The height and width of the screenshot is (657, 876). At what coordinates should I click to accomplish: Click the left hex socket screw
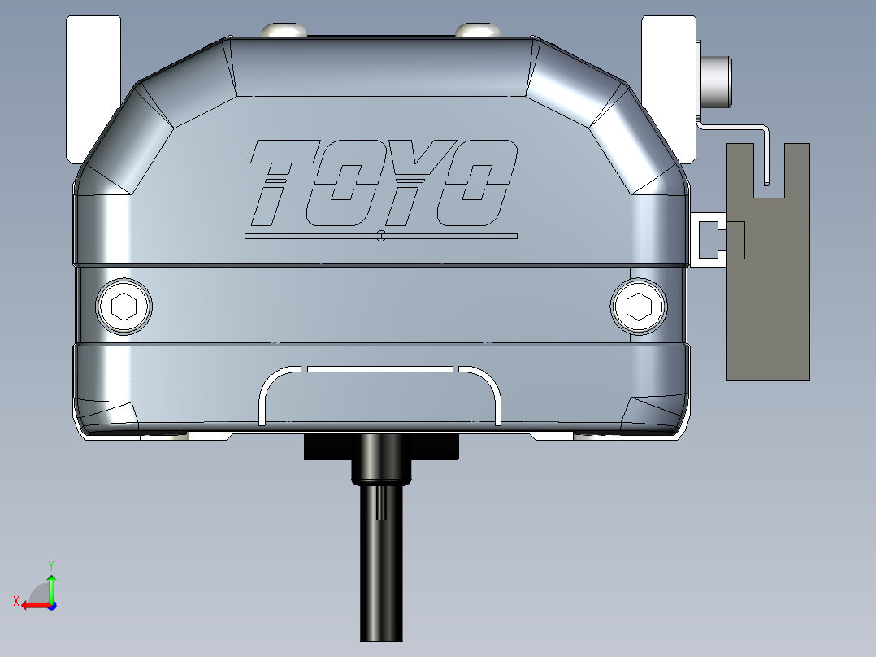(124, 307)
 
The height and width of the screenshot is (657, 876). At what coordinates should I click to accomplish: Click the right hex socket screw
(639, 307)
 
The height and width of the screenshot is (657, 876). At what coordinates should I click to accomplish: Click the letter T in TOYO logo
(280, 182)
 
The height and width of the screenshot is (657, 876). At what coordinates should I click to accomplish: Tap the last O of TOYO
(475, 183)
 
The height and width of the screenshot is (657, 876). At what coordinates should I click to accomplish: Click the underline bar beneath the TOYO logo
(380, 237)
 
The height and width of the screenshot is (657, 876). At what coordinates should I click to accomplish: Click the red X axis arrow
(33, 604)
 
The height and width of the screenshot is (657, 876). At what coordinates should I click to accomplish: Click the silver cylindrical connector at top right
(716, 81)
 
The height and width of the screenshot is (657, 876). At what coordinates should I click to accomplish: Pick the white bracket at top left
(92, 81)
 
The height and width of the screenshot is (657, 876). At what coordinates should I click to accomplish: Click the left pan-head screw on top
(284, 30)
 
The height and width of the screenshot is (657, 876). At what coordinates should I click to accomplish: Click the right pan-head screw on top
(477, 30)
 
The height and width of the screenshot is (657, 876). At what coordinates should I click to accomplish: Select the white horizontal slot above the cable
(379, 369)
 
